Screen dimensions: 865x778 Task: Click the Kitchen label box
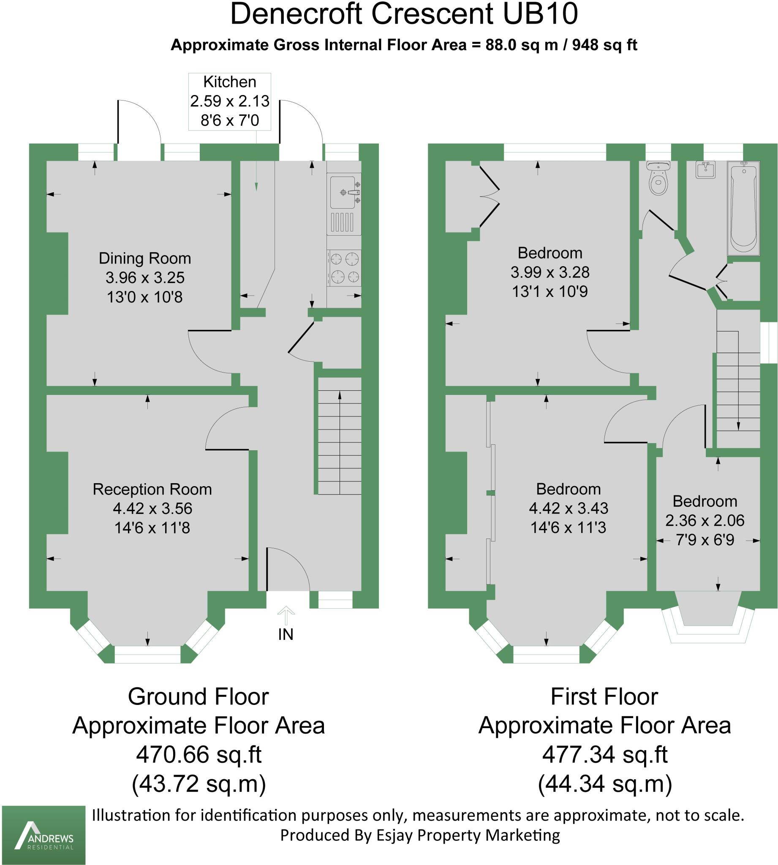(x=229, y=101)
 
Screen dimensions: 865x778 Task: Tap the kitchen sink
(x=343, y=193)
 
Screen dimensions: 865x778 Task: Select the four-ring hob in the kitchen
(x=344, y=268)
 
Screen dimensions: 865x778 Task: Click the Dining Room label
(x=145, y=258)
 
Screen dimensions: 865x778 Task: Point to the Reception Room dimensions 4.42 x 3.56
(x=152, y=509)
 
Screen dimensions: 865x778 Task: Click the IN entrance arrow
(x=286, y=616)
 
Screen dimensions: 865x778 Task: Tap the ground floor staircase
(x=340, y=436)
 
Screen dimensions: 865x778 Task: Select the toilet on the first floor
(x=658, y=179)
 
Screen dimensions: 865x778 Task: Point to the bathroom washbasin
(x=705, y=170)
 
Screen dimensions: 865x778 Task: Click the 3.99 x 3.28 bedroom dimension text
(x=550, y=272)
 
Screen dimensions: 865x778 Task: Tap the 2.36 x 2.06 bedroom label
(x=705, y=520)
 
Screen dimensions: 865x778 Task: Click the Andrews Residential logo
(x=44, y=835)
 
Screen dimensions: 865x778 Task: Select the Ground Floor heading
(x=199, y=696)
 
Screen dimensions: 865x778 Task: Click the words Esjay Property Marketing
(x=468, y=835)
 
